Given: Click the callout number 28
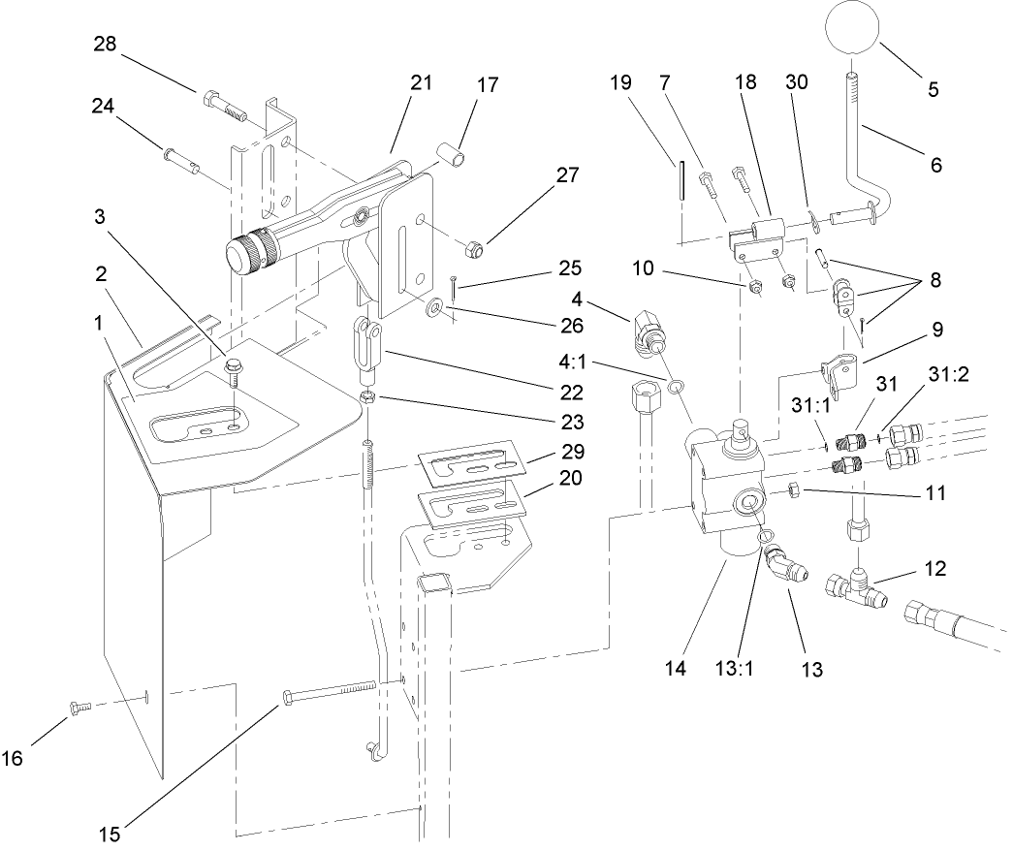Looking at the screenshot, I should [x=106, y=45].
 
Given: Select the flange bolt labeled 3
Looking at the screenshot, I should [x=234, y=369].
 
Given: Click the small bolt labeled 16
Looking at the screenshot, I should [x=77, y=709].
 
